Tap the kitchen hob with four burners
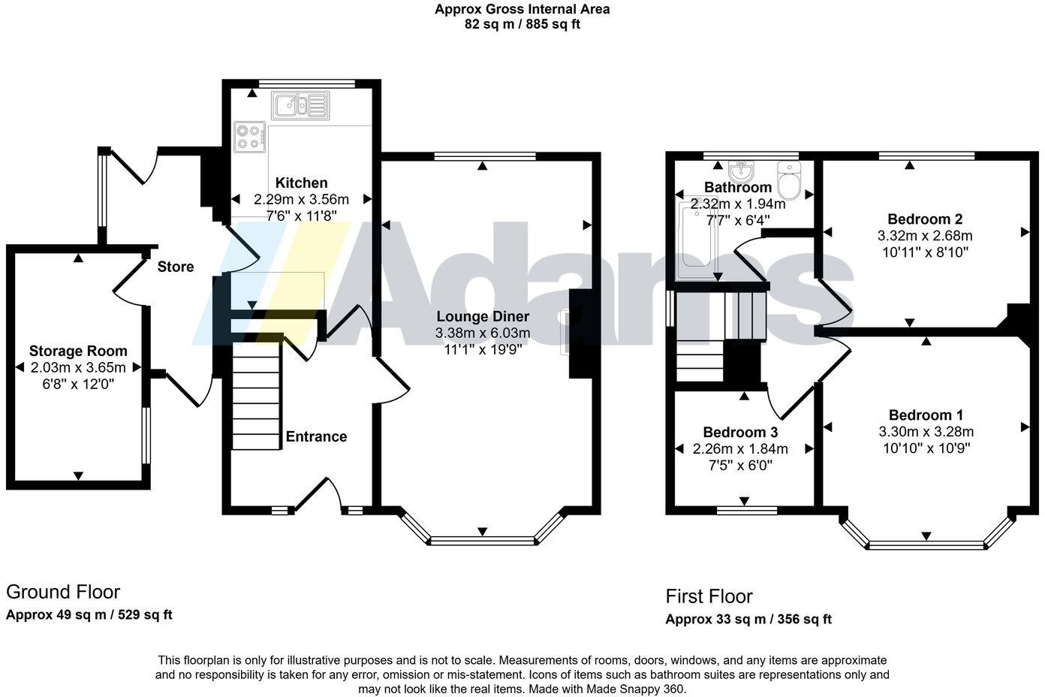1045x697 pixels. pos(250,137)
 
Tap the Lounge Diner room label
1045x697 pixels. pos(483,317)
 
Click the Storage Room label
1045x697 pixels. pos(78,351)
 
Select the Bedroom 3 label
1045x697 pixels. pos(740,433)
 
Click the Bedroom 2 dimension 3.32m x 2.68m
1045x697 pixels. pos(925,236)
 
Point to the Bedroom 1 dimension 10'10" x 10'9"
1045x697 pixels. pos(926,448)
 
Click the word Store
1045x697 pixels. pos(176,267)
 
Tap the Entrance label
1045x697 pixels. pos(316,436)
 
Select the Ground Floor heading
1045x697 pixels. pos(63,592)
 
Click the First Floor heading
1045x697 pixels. pos(709,596)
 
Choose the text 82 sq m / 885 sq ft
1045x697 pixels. pos(522,24)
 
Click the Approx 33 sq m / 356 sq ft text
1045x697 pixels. pos(748,619)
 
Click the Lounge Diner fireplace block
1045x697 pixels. pos(580,333)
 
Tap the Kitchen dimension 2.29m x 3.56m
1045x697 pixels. pos(301,199)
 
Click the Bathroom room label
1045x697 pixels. pos(738,187)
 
